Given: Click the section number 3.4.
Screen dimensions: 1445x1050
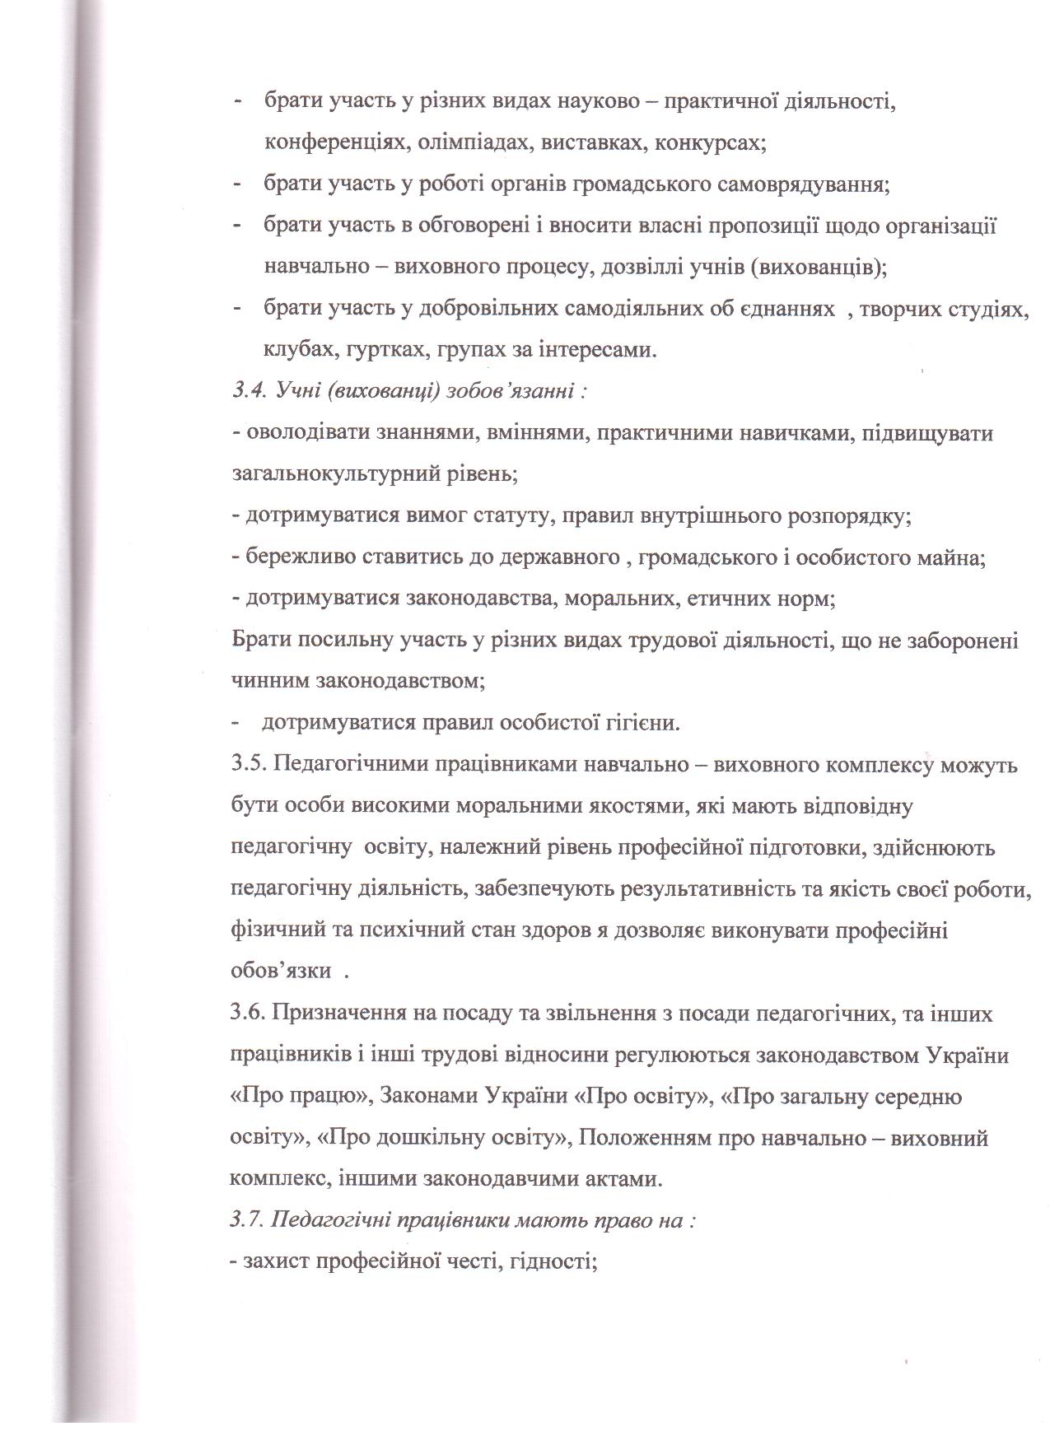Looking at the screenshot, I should coord(245,391).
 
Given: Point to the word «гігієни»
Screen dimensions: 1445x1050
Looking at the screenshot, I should coord(642,724).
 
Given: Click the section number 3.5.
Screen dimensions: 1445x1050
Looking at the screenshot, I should coord(246,765).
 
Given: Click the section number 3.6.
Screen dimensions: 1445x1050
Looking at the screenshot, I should coord(246,1014).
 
